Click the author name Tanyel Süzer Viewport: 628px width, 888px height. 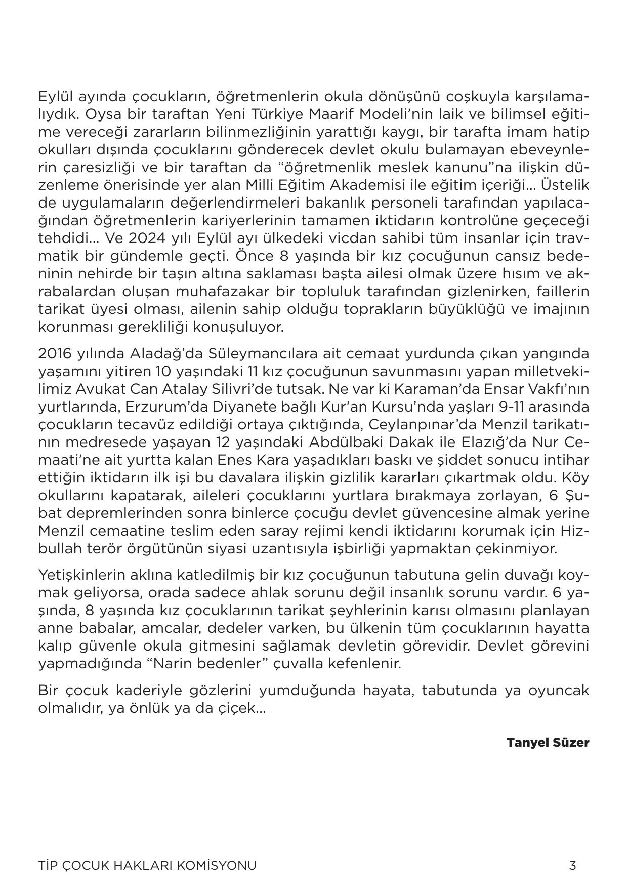(548, 743)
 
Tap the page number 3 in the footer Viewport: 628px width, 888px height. (572, 865)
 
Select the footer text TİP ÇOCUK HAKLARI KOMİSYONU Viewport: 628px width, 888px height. (147, 865)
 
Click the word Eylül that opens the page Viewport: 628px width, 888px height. (56, 96)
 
